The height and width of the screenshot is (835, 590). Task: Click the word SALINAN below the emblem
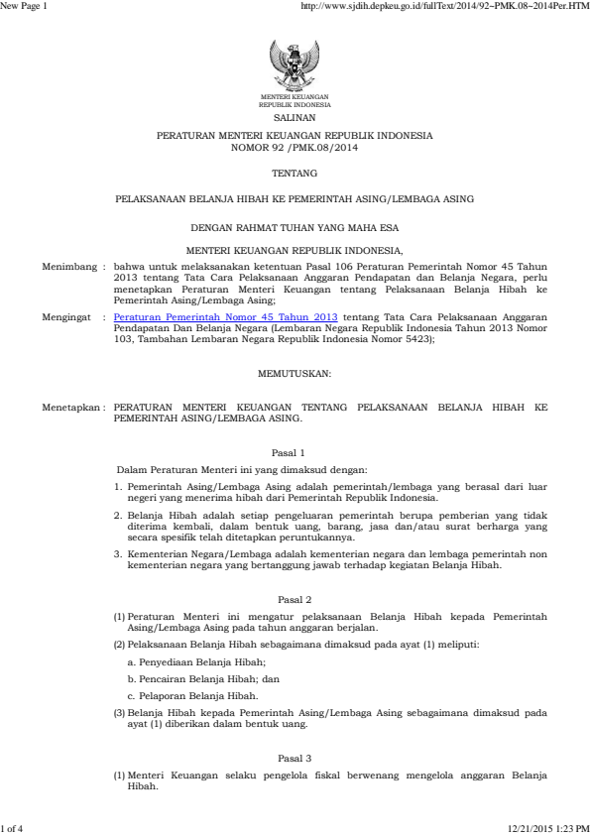click(x=295, y=117)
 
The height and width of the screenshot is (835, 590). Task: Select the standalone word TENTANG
click(x=295, y=172)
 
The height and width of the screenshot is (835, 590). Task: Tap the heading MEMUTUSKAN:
click(x=295, y=373)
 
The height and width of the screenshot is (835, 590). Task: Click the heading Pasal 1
click(x=295, y=452)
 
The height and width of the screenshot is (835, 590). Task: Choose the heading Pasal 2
click(x=295, y=601)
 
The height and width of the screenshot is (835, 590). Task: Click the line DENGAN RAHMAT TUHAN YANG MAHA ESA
click(x=295, y=227)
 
